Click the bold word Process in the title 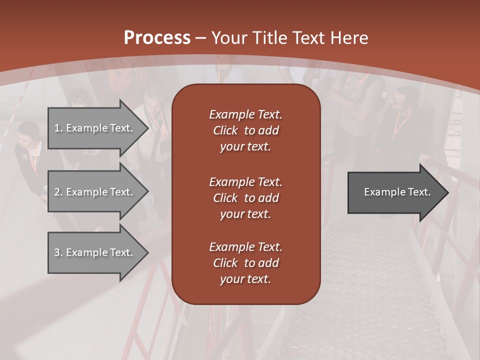[x=157, y=38]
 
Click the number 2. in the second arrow [x=58, y=192]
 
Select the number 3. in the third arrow [x=58, y=252]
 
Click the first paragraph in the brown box [x=245, y=130]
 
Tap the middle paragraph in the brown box [x=245, y=198]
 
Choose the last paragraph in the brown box [x=245, y=263]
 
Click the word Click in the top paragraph [x=225, y=130]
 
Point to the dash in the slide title [x=201, y=38]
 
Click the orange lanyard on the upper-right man [x=400, y=125]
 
